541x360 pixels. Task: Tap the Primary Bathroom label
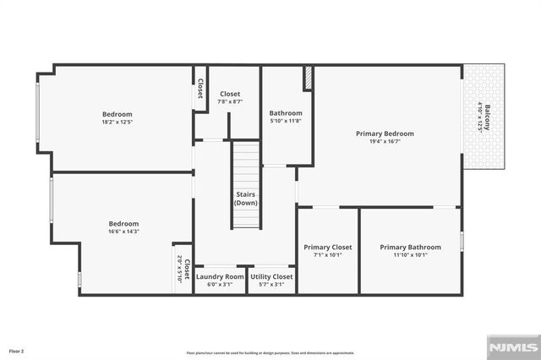coord(410,247)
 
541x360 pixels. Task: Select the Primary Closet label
coord(328,247)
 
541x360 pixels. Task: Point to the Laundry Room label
coord(220,276)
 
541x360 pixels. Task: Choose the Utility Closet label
coord(271,276)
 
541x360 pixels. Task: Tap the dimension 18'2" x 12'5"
coord(117,123)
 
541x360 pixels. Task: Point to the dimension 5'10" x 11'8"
coord(286,121)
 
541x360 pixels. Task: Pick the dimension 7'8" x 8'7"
coord(230,101)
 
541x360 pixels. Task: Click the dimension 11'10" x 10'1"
coord(410,254)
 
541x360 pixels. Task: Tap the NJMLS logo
coord(512,347)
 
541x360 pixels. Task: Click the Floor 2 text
coord(17,350)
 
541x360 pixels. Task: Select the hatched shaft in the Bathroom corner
coord(309,77)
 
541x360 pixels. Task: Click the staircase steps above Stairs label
coord(246,165)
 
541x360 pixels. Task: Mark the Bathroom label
coord(286,113)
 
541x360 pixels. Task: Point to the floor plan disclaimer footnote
coord(270,352)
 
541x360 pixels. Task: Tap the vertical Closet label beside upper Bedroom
coord(200,88)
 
